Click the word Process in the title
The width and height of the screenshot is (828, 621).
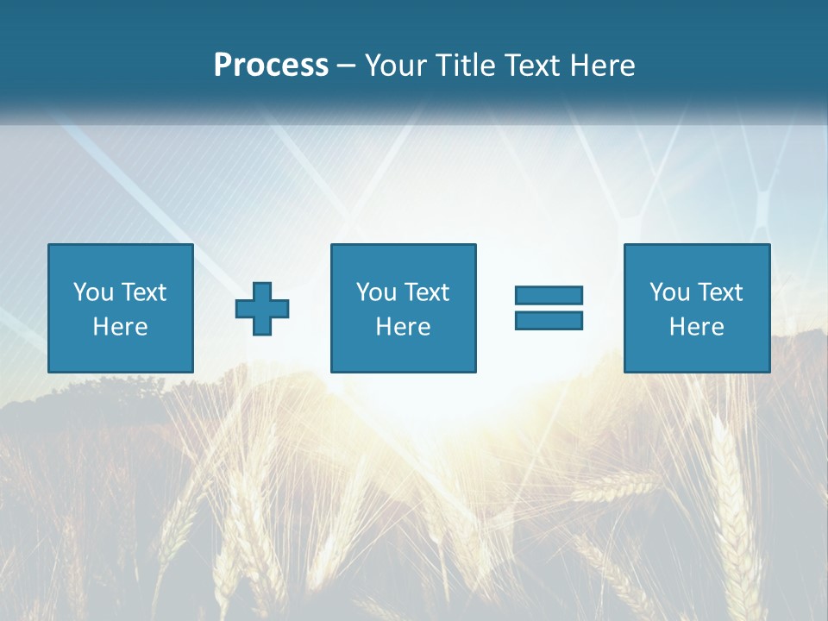pyautogui.click(x=271, y=66)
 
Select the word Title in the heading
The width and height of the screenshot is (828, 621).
pyautogui.click(x=465, y=66)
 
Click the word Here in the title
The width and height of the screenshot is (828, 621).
pyautogui.click(x=602, y=66)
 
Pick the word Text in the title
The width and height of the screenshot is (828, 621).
pyautogui.click(x=534, y=66)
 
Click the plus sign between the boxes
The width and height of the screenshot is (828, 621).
pyautogui.click(x=262, y=309)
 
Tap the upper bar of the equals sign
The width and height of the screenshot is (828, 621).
pyautogui.click(x=549, y=296)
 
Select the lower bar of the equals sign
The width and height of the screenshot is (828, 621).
pyautogui.click(x=549, y=320)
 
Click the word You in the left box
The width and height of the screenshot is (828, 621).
pyautogui.click(x=94, y=292)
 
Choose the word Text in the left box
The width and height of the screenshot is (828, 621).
pyautogui.click(x=143, y=292)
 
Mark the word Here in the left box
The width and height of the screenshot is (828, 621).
pyautogui.click(x=120, y=327)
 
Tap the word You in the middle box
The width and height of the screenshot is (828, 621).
pyautogui.click(x=377, y=292)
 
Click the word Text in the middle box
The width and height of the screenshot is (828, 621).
pyautogui.click(x=426, y=292)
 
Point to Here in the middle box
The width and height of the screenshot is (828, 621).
pyautogui.click(x=403, y=327)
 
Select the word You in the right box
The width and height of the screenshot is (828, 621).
pyautogui.click(x=670, y=292)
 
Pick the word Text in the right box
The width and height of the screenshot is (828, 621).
pyautogui.click(x=719, y=292)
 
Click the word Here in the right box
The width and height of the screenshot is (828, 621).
pyautogui.click(x=696, y=327)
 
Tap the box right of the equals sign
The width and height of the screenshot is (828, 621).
pyautogui.click(x=696, y=354)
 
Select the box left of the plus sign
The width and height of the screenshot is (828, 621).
pyautogui.click(x=120, y=354)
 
